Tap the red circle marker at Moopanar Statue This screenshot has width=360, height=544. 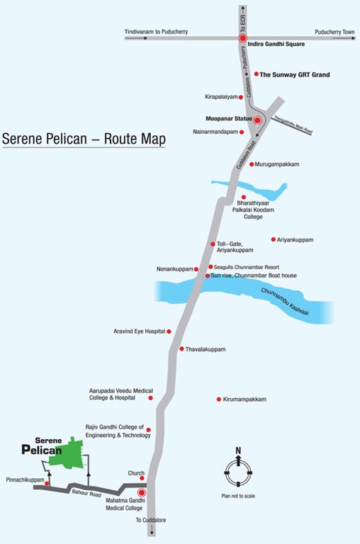(257, 120)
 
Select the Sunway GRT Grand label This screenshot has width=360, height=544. (295, 74)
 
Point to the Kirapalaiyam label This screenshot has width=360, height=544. (220, 96)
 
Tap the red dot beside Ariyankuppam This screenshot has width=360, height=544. (274, 240)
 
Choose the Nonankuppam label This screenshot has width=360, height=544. (174, 269)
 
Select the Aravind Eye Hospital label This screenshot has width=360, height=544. (139, 331)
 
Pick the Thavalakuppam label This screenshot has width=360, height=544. (207, 349)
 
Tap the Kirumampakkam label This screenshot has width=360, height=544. (244, 399)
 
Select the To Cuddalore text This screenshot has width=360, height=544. (150, 520)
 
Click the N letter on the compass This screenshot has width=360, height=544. (239, 450)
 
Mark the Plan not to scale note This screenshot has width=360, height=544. (239, 495)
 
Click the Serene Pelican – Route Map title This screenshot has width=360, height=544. (84, 138)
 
